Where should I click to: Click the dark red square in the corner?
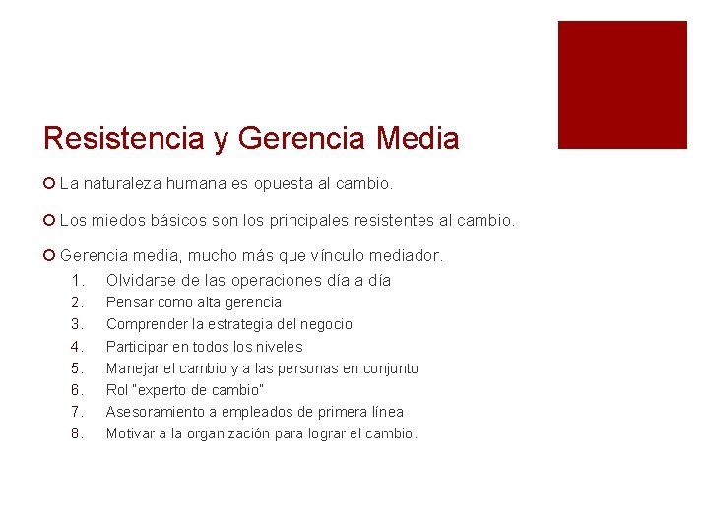tap(622, 85)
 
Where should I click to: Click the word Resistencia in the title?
tap(125, 139)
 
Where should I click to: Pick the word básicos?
tap(198, 220)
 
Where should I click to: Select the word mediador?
tap(408, 256)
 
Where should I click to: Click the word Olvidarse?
tap(142, 280)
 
